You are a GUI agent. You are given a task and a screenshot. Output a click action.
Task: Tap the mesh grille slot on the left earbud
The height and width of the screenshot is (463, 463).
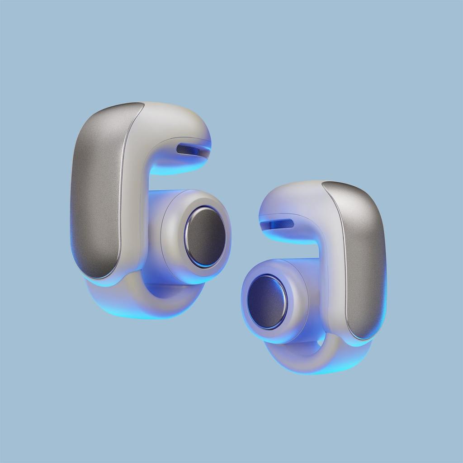tap(188, 149)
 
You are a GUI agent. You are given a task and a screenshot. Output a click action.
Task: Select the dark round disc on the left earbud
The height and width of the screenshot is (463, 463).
tap(206, 236)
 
